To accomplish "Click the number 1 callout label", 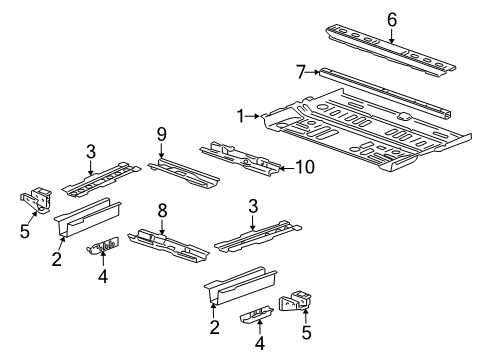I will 238,117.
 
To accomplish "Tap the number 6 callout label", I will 392,18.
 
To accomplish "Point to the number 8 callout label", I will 162,209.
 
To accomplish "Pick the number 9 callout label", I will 160,134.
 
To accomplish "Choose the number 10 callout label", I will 304,168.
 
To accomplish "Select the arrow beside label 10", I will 284,168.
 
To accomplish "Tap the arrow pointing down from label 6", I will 392,32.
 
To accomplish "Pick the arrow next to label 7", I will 314,72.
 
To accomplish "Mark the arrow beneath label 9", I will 160,149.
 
